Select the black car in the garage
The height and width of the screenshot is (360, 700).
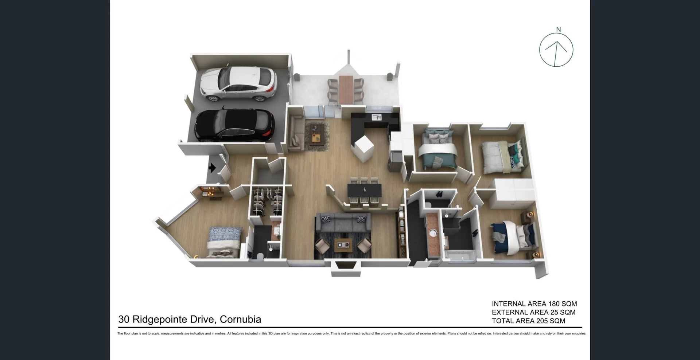click(x=234, y=125)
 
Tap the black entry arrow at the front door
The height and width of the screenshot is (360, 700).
click(x=212, y=168)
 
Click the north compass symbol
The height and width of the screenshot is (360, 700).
click(x=556, y=50)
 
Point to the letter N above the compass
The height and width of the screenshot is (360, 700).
click(x=558, y=30)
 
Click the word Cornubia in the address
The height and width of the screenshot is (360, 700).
click(x=240, y=320)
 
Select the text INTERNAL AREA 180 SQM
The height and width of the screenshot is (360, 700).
click(x=534, y=304)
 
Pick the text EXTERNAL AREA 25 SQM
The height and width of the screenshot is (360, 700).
click(x=533, y=312)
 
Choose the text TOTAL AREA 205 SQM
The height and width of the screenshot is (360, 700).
click(x=528, y=321)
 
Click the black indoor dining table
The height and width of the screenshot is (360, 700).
click(x=364, y=190)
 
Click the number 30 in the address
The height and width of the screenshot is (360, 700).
click(x=124, y=320)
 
